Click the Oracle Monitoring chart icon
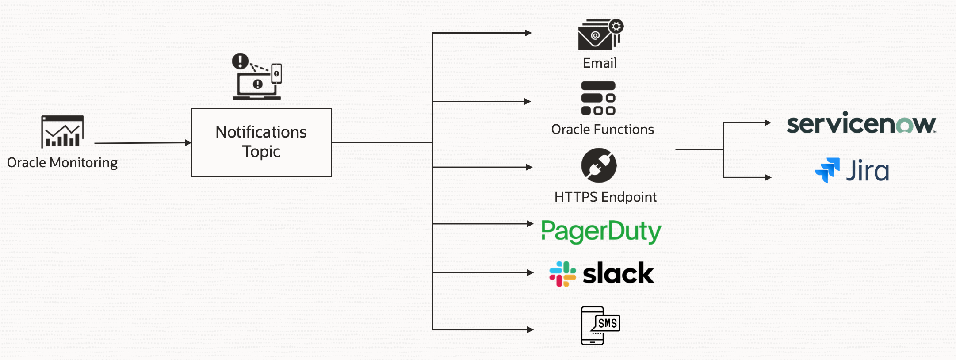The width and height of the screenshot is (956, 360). coord(62,131)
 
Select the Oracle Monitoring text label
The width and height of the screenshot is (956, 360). coord(62,163)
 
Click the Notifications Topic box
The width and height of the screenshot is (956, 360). coord(261,142)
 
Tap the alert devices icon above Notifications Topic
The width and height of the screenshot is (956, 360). coord(257,77)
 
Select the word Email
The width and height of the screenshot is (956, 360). coord(600,63)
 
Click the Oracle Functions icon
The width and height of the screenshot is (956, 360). coord(598,98)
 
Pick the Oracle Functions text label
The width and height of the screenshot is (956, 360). coord(602,130)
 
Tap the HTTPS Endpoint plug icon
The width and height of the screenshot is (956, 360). coord(599,165)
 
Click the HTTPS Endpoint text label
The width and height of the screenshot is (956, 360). coord(605,197)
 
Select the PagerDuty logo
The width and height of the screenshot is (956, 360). coord(601,231)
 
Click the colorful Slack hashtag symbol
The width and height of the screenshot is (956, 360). coord(562,274)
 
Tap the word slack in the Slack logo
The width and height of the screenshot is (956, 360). coord(618,273)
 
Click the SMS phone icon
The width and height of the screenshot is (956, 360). coord(600,326)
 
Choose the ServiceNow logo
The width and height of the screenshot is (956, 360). coord(861,124)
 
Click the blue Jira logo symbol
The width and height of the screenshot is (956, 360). coord(827,170)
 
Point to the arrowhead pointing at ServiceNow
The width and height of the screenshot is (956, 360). coord(768,123)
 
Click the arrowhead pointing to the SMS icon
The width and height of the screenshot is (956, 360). coord(530,329)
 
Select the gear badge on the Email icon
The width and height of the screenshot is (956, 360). coord(616,27)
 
